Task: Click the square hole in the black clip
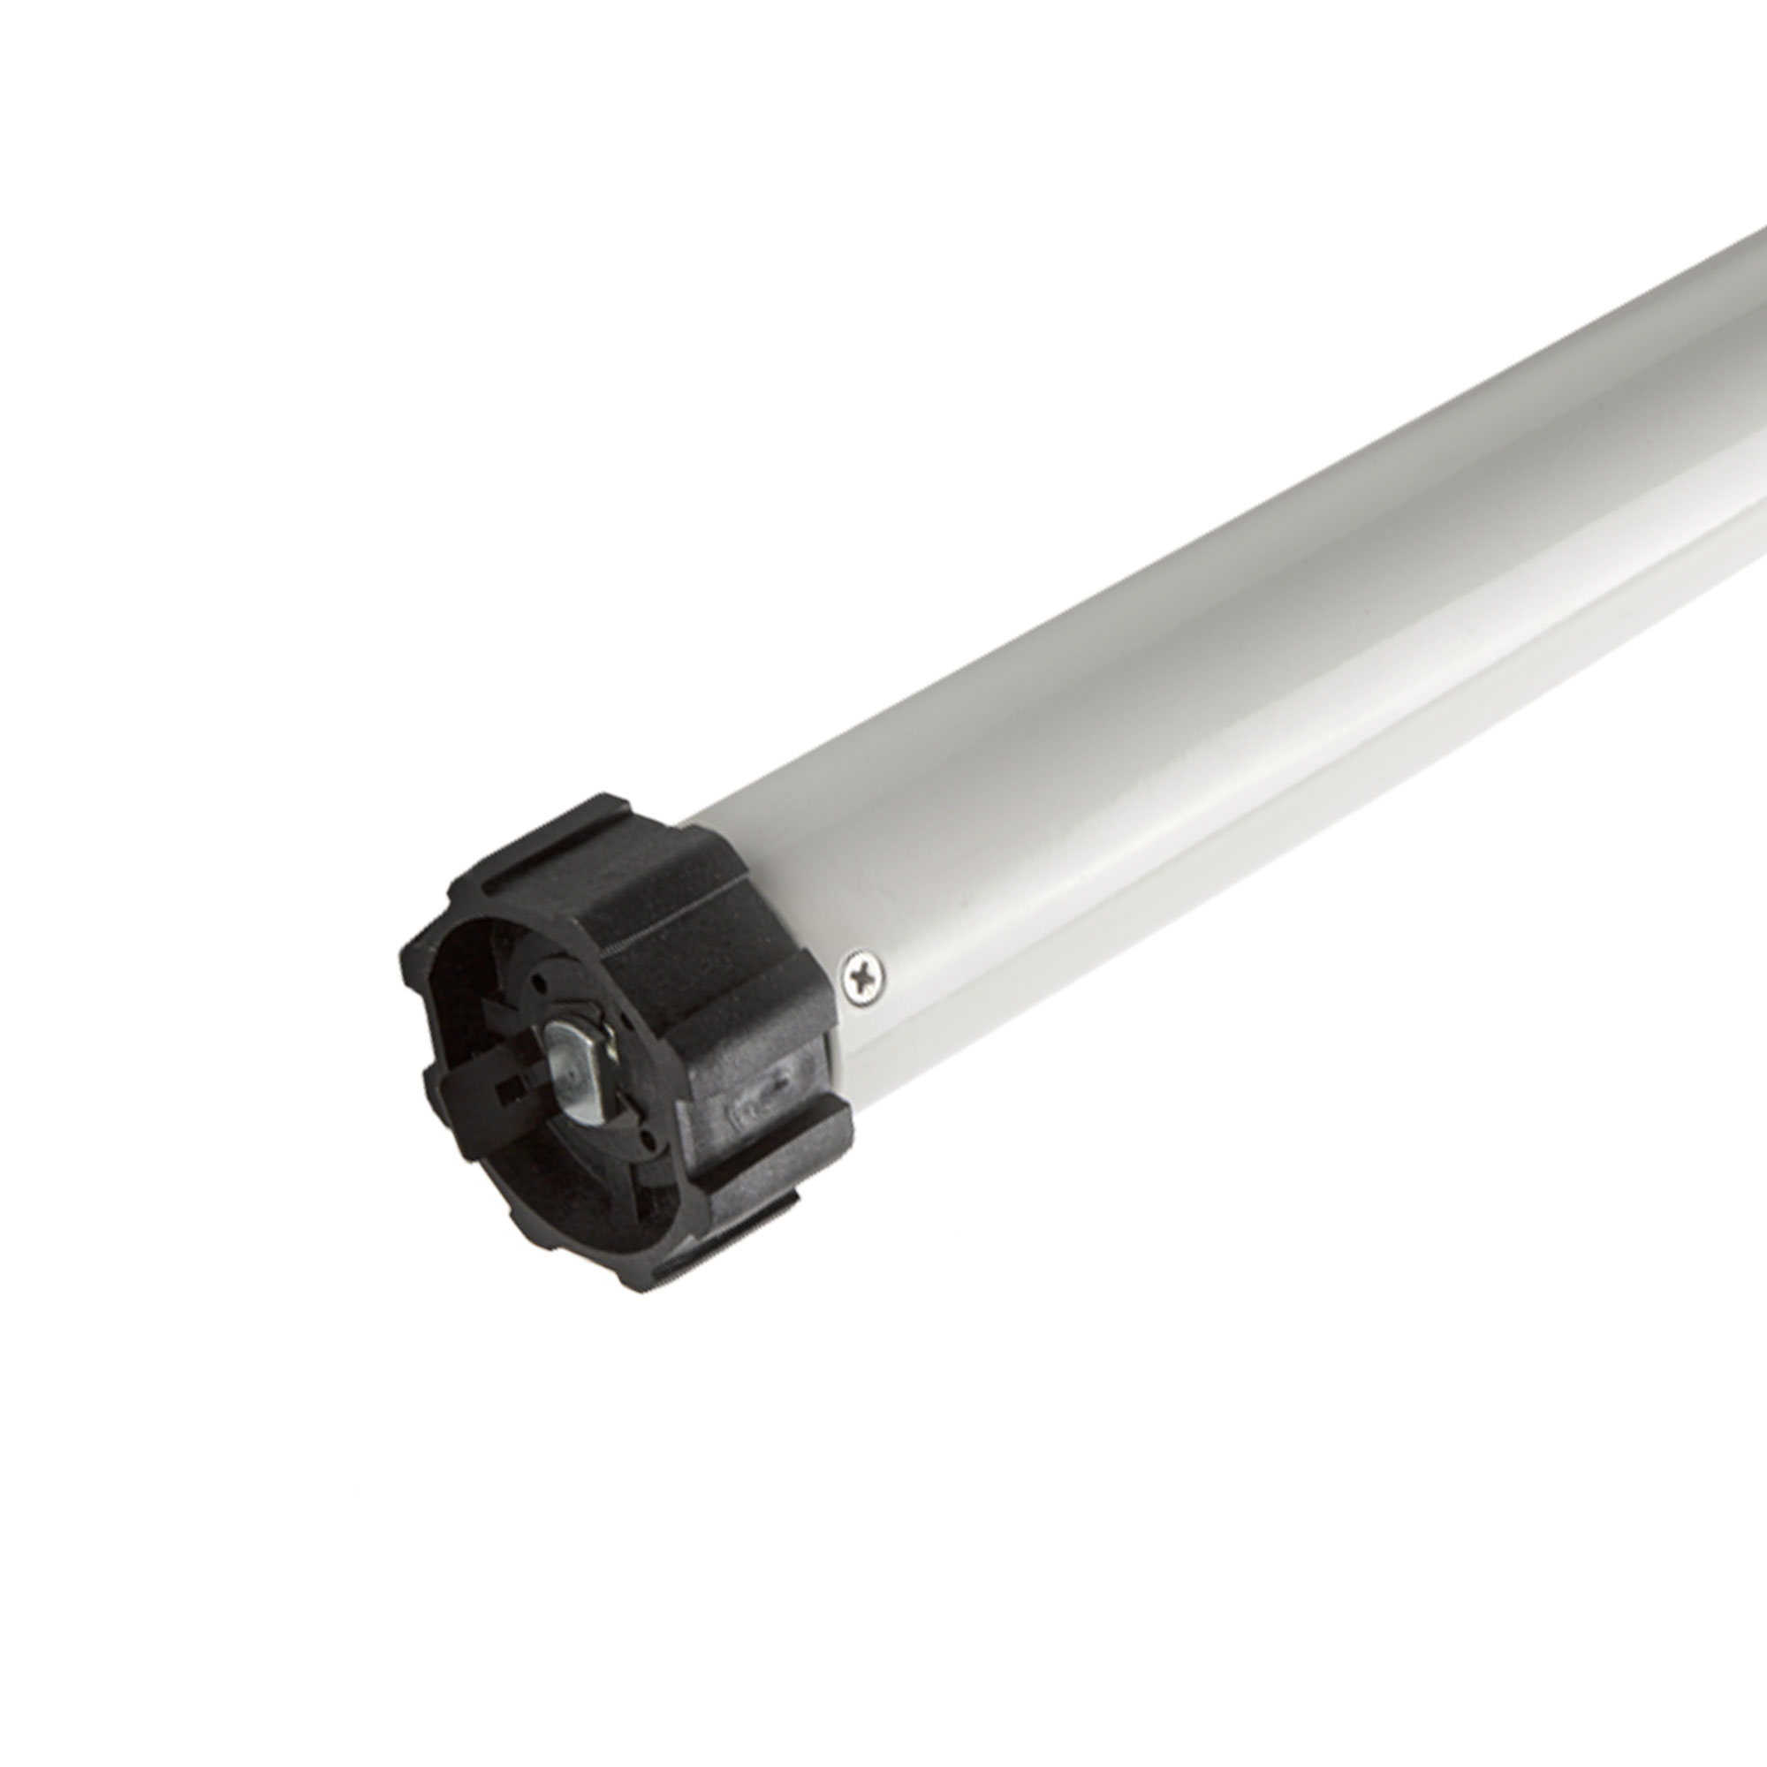tap(505, 1090)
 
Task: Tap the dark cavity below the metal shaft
tap(586, 1189)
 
